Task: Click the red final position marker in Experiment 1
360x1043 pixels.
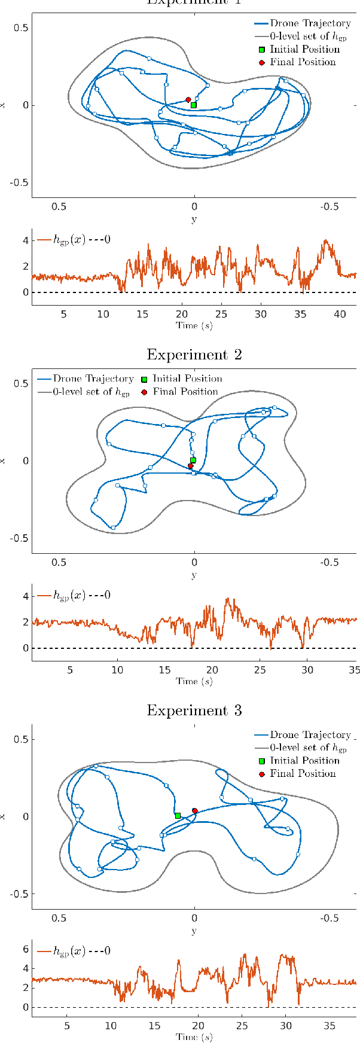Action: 188,100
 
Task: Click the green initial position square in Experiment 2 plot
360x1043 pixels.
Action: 193,460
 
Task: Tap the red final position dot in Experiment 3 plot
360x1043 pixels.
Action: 194,811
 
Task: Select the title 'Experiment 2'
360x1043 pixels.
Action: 194,354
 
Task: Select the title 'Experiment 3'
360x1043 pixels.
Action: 194,710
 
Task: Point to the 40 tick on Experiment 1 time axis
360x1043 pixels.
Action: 339,315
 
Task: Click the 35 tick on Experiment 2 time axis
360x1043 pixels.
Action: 355,670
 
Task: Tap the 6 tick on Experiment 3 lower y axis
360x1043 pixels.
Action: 26,949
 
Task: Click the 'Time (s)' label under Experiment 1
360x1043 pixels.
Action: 194,325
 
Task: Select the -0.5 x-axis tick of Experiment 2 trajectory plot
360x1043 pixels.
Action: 330,563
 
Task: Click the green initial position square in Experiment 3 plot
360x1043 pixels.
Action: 178,816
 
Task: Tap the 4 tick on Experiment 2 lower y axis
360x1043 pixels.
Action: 26,596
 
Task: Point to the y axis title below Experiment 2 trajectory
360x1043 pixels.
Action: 194,575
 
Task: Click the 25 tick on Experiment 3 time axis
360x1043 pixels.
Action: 242,1026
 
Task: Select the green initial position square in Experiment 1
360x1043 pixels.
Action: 193,105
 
